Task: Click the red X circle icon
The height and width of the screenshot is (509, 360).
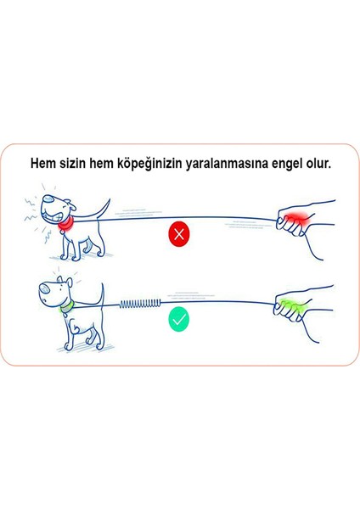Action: (179, 235)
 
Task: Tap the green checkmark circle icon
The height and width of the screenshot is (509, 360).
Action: (179, 320)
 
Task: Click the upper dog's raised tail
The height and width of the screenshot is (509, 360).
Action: (104, 206)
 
